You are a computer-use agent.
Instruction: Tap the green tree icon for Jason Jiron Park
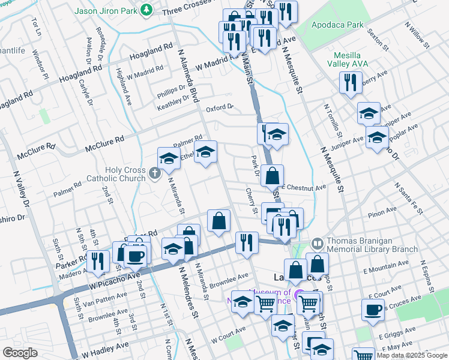[146, 10]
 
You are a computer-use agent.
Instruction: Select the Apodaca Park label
[337, 25]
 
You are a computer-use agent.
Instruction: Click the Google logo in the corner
[20, 353]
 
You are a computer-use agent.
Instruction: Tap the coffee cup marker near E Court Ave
[373, 310]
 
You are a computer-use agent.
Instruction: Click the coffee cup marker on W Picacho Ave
[136, 256]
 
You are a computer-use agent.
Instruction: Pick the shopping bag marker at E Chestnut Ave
[273, 176]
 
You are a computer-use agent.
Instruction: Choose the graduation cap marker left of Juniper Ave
[377, 138]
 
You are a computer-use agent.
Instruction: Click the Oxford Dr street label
[219, 108]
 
